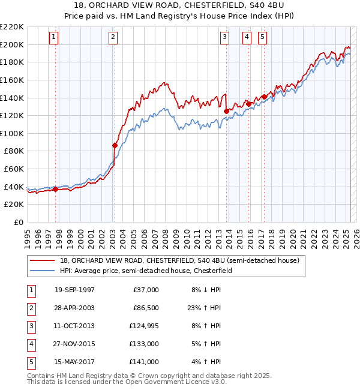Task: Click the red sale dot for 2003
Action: point(115,145)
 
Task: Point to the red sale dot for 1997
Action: point(56,189)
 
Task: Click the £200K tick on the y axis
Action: point(12,44)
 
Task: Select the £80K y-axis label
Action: point(14,151)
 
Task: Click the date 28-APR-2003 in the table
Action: point(74,308)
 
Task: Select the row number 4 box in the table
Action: point(30,344)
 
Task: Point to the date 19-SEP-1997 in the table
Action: point(74,290)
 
